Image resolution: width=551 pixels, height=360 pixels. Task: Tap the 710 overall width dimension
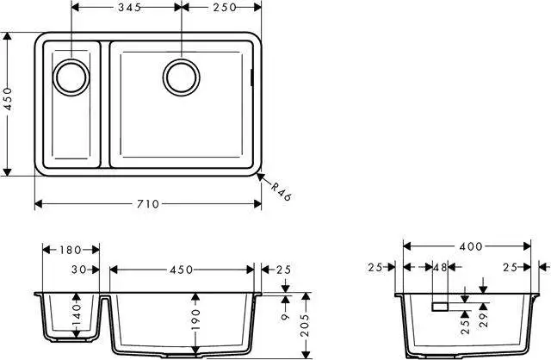(148, 204)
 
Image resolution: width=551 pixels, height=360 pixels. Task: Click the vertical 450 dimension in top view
(9, 104)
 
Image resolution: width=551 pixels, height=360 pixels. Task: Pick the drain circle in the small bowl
(70, 76)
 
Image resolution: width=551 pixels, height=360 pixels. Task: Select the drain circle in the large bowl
(182, 76)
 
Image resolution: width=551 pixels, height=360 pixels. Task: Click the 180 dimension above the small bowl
(71, 251)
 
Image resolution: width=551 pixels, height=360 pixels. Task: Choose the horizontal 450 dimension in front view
(181, 269)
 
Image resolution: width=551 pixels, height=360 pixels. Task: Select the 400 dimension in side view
(470, 247)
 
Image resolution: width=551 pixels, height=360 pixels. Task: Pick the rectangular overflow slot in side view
(439, 306)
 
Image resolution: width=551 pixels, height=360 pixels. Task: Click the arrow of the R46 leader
(262, 177)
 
